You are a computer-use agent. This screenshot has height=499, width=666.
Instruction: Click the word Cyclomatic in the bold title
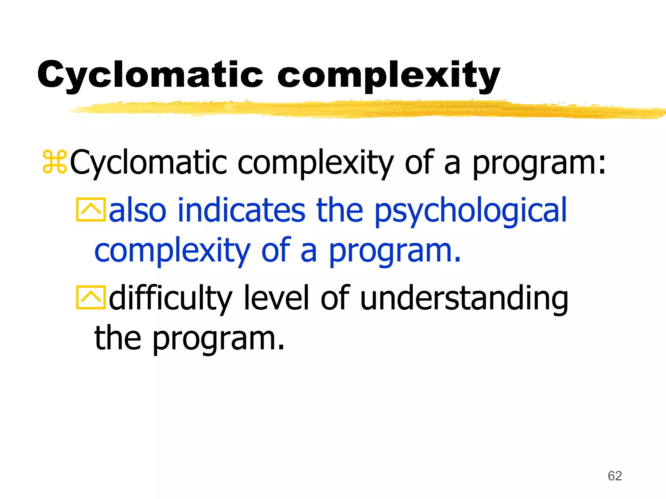point(150,74)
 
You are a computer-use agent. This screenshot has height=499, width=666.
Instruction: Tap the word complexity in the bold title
point(388,76)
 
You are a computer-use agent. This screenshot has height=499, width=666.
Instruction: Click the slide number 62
point(615,476)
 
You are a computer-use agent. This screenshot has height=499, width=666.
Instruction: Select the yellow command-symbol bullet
point(55,161)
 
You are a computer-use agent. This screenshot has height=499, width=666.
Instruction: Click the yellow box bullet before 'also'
point(91,210)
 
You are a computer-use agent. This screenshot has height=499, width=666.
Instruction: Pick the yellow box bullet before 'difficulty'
point(91,297)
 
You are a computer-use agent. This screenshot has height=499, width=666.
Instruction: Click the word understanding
point(464,298)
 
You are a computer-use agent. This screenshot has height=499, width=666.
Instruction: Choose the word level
point(276,297)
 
